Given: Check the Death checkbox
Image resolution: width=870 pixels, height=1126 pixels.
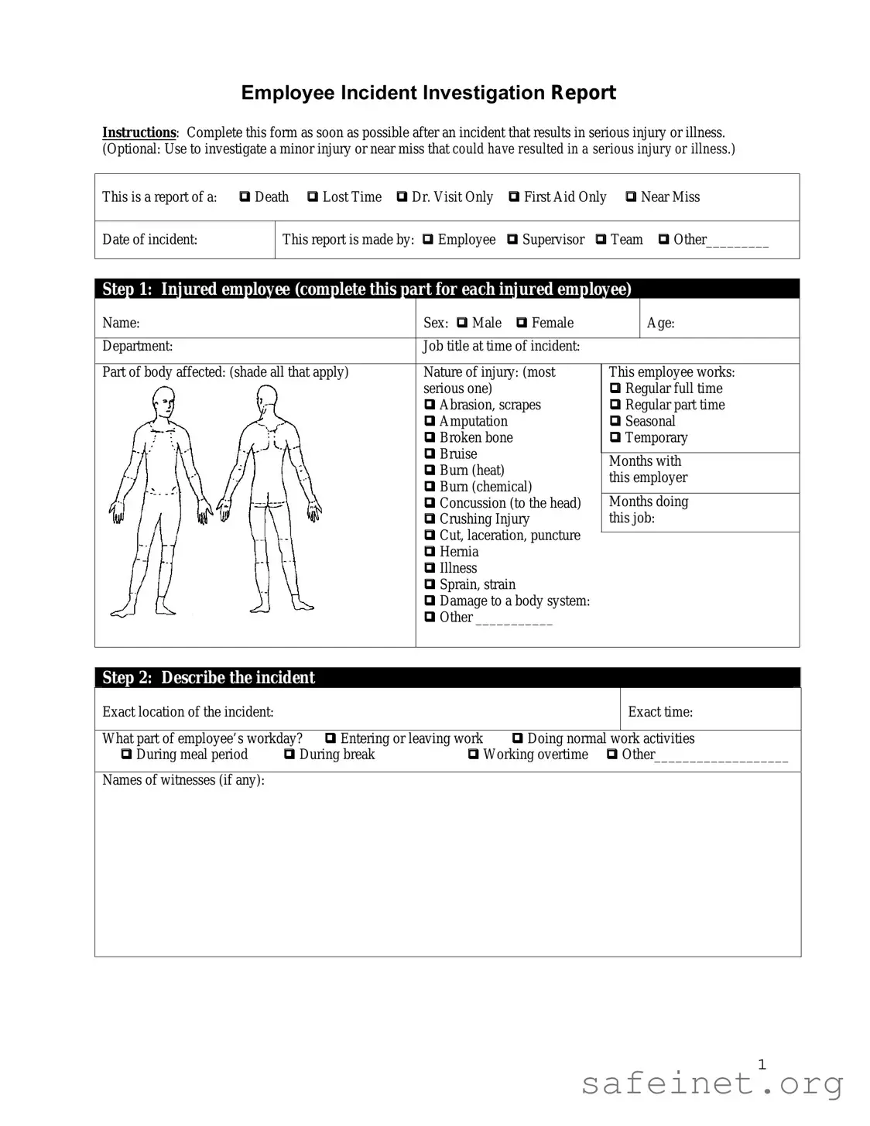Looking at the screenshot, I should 245,197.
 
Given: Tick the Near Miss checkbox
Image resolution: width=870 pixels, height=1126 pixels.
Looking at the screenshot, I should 631,197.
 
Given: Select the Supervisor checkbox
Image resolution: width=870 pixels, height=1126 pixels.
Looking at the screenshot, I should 512,240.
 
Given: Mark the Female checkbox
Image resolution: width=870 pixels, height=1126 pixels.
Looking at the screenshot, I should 522,323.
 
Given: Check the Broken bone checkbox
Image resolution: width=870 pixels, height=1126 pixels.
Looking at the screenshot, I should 430,438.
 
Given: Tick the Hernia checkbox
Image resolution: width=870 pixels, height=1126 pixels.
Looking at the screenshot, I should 430,552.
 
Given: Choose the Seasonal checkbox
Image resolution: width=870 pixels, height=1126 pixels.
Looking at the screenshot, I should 615,422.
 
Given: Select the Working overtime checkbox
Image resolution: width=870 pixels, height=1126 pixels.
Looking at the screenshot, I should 473,755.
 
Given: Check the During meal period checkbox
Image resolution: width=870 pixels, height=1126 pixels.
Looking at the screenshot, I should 126,755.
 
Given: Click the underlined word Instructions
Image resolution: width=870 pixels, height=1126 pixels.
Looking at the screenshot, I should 139,133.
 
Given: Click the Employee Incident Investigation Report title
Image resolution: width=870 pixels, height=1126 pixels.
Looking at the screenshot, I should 428,93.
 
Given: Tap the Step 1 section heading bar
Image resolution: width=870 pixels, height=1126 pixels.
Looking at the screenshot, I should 447,289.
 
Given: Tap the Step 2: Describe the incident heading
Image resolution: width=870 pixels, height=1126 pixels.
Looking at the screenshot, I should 209,678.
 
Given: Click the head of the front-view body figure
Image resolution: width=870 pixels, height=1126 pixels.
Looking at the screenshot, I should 164,402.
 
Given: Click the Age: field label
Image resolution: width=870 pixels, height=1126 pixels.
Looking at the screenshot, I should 660,323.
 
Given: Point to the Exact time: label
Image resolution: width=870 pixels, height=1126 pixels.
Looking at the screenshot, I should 659,712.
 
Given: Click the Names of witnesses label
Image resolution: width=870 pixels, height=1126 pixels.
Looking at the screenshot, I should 183,780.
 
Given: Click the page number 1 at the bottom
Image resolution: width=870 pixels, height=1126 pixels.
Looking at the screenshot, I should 762,1065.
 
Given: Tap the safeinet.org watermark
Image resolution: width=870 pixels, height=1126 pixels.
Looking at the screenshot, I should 711,1083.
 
